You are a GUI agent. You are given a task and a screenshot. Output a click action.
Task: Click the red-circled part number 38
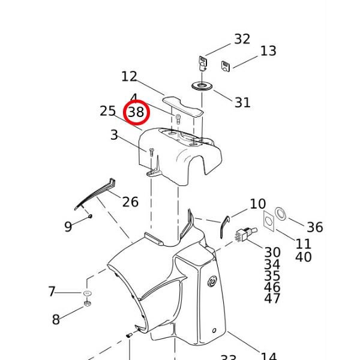136,112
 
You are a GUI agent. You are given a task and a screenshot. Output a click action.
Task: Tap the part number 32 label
242,39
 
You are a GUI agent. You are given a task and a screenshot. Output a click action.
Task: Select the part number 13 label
268,51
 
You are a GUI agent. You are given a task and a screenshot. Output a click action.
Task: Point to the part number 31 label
242,103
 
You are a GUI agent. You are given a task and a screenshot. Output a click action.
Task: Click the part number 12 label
129,76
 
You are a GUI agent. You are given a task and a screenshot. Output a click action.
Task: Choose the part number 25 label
107,111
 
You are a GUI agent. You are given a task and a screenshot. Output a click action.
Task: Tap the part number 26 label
130,202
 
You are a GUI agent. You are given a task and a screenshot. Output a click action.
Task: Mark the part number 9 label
68,226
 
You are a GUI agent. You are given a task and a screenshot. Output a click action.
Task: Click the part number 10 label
257,204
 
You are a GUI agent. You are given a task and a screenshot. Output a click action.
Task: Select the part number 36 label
314,227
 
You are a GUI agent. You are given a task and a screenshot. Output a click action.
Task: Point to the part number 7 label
52,292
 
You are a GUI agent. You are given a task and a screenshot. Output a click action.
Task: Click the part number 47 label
272,299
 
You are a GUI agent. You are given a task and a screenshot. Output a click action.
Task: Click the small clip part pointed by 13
226,65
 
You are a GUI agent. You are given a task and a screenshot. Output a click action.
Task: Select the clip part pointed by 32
203,62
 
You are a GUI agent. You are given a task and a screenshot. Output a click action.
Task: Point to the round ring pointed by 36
281,214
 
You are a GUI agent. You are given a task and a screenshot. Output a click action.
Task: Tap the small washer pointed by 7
86,293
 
